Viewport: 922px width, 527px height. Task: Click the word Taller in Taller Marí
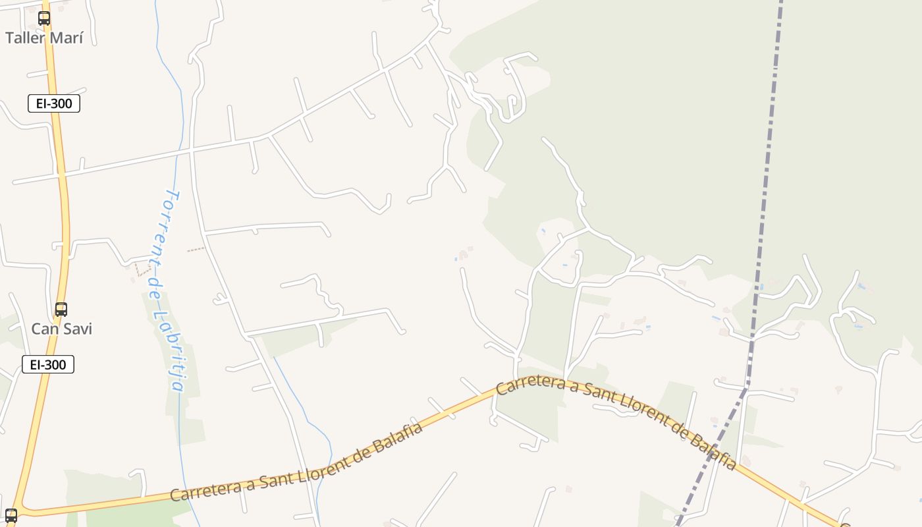pyautogui.click(x=25, y=38)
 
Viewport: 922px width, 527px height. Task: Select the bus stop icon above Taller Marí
pyautogui.click(x=44, y=18)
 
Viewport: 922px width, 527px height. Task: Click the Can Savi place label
pyautogui.click(x=61, y=329)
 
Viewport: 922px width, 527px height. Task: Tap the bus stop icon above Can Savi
pyautogui.click(x=61, y=309)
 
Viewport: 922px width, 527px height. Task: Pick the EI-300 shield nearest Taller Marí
pyautogui.click(x=54, y=103)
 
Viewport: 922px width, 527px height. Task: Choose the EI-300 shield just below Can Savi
pyautogui.click(x=48, y=364)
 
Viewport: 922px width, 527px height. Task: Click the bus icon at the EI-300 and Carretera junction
pyautogui.click(x=11, y=516)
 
